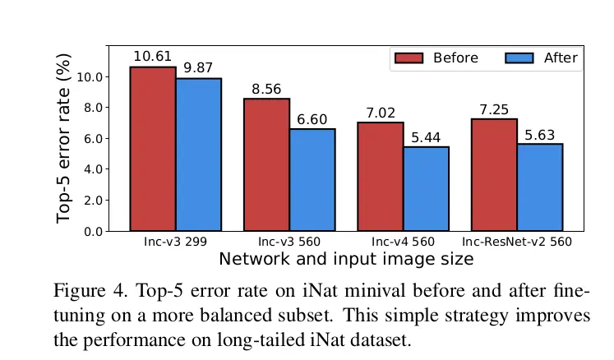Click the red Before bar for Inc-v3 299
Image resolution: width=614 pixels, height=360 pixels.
click(153, 149)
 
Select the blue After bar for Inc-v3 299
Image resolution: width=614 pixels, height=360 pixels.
click(198, 155)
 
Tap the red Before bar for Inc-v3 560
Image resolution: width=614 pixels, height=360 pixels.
click(266, 164)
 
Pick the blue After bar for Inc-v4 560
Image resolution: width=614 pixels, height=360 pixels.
click(426, 188)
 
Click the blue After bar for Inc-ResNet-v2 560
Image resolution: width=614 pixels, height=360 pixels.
click(539, 187)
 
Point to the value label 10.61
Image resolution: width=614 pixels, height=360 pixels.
click(153, 57)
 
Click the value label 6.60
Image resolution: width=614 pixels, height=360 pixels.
click(312, 119)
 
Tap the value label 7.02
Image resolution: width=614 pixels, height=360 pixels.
click(381, 113)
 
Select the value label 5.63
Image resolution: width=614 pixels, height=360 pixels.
click(539, 134)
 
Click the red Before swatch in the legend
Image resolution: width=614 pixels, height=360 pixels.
click(409, 58)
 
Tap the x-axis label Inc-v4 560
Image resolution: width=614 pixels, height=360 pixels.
click(403, 242)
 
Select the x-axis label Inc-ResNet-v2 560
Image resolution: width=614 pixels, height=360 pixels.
click(516, 242)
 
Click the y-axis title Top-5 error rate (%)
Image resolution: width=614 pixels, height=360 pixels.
click(64, 137)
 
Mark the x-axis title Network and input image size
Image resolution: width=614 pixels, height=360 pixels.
click(346, 260)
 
